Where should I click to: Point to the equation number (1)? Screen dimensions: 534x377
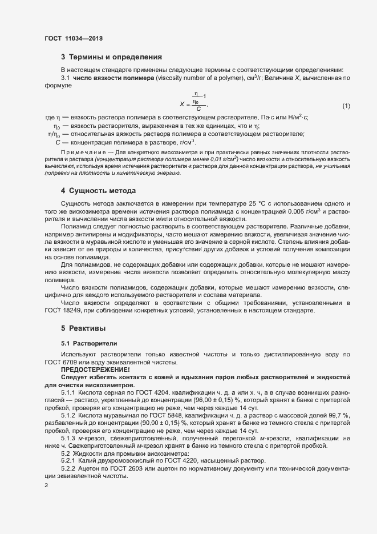[x=346, y=106]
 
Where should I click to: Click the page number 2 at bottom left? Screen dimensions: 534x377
[x=46, y=485]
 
